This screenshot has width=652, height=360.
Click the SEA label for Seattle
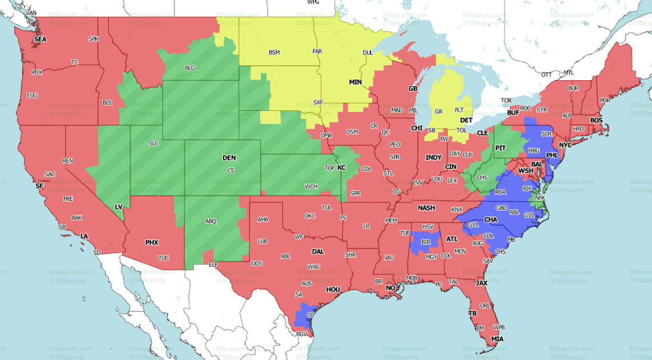click(40, 39)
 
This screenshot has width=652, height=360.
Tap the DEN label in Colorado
click(229, 158)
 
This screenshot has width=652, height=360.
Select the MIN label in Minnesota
click(356, 82)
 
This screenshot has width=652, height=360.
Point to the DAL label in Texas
click(317, 251)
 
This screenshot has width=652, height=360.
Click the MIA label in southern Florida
click(498, 339)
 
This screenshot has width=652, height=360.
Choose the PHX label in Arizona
click(152, 243)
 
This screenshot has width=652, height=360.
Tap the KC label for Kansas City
click(341, 168)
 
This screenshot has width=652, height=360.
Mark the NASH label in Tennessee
click(426, 208)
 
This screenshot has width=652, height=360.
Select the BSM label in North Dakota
click(275, 53)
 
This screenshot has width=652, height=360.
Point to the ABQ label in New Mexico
click(211, 221)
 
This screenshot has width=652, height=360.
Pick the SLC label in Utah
click(153, 143)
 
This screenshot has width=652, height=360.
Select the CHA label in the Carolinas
click(491, 220)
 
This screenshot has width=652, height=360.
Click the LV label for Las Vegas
click(119, 206)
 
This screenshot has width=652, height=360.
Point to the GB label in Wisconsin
click(412, 89)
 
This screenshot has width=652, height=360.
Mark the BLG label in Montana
click(190, 68)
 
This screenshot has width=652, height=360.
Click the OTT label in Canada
click(547, 74)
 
